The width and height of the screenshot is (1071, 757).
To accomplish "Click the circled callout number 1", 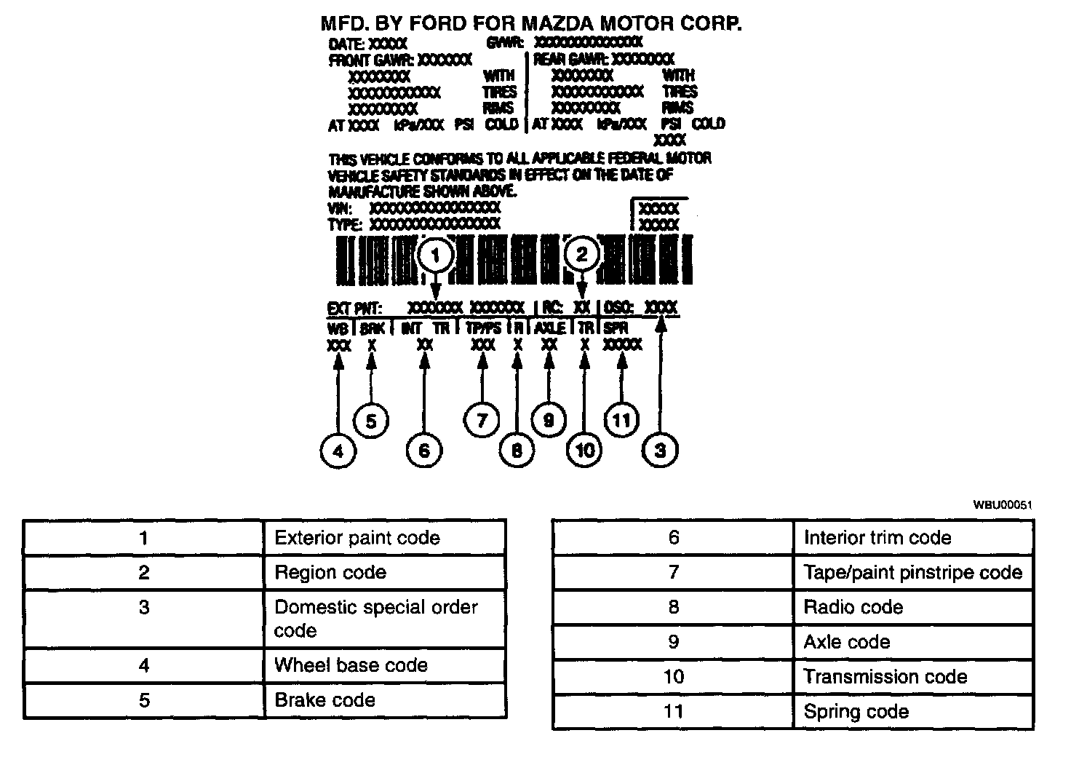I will pyautogui.click(x=436, y=255).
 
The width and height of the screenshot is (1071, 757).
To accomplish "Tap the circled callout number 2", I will pyautogui.click(x=581, y=254).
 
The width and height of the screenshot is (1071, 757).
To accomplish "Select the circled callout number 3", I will pyautogui.click(x=660, y=451).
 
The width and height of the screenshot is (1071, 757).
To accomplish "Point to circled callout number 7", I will pyautogui.click(x=482, y=420).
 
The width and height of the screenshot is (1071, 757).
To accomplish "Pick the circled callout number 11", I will pyautogui.click(x=621, y=420).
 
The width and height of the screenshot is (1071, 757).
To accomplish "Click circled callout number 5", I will pyautogui.click(x=370, y=421).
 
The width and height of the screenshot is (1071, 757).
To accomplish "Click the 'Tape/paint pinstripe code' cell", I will pyautogui.click(x=912, y=573).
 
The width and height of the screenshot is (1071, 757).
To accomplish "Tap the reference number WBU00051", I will pyautogui.click(x=1003, y=504).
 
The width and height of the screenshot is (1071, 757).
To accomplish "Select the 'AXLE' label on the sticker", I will pyautogui.click(x=550, y=328).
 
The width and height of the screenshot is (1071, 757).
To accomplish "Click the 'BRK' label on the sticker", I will pyautogui.click(x=372, y=328).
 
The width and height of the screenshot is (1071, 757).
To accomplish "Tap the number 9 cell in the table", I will pyautogui.click(x=673, y=642).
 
